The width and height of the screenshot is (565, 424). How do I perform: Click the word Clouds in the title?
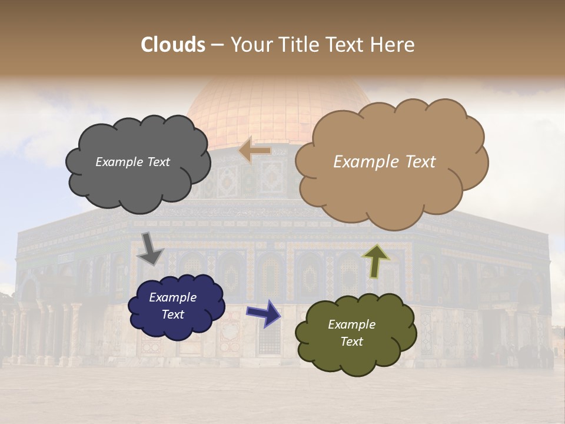[x=173, y=45]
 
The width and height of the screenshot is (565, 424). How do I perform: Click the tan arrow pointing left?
[x=254, y=151]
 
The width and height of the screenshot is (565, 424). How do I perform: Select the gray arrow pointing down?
[x=151, y=248]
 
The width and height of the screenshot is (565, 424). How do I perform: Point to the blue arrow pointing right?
[x=263, y=312]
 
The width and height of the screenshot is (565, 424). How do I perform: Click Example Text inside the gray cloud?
[x=132, y=162]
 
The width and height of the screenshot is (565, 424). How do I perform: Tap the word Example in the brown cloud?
[x=364, y=162]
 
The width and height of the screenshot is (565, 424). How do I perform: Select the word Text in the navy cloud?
[x=173, y=314]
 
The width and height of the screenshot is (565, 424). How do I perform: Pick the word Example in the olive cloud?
[x=351, y=324]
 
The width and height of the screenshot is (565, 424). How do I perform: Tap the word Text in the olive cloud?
[x=351, y=342]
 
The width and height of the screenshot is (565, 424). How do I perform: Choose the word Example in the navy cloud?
[x=173, y=297]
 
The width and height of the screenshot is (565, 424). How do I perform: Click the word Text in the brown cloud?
[x=419, y=162]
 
